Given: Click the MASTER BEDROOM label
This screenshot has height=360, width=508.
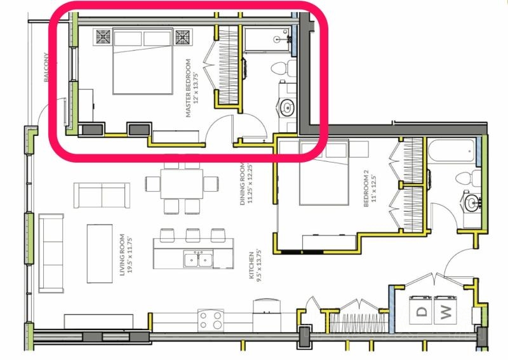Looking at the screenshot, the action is coord(188,88).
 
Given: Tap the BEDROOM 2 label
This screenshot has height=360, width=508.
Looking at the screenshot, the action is coord(366,191).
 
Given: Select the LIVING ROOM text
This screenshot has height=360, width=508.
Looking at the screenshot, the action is coord(122,255).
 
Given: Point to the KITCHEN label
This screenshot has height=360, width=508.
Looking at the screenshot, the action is coord(251,265).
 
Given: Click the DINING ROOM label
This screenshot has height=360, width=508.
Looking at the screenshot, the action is coord(243,184).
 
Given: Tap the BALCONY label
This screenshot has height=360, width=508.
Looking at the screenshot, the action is coord(46,67).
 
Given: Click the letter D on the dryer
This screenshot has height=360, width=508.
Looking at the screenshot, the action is coord(422,311).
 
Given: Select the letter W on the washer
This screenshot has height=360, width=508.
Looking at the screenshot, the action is coord(446,312).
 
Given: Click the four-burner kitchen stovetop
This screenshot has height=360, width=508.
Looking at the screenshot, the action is coord(211,320).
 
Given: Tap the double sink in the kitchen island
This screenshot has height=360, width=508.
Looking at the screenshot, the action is coord(198,259).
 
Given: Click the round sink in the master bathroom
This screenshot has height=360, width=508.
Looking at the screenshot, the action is coord(287,107).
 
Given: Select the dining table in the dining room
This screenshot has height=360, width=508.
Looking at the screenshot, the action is coord(182,183).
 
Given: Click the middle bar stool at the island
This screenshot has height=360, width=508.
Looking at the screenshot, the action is coord(193,236).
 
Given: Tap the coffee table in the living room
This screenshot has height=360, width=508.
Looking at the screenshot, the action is coord(100,253).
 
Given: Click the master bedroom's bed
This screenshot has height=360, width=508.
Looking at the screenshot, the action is coord(142,61).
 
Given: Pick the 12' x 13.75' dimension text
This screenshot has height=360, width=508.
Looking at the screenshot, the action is coord(195,88).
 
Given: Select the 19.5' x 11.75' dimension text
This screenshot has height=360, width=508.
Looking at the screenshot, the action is coord(130,255).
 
